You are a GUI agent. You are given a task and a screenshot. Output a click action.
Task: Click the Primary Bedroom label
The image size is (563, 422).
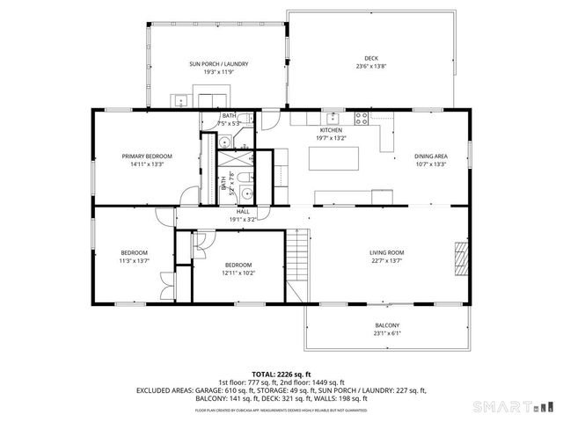pos(147,156)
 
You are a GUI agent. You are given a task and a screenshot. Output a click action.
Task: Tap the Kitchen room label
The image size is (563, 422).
pos(331,130)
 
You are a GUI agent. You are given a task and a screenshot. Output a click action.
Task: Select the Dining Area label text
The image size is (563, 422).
pos(430,156)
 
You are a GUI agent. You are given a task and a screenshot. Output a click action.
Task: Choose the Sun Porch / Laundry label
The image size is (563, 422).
pos(219,64)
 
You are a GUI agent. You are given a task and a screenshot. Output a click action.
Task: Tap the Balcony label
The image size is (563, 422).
pos(387,325)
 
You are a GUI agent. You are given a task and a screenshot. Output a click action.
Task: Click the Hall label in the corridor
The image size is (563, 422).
pos(243,211)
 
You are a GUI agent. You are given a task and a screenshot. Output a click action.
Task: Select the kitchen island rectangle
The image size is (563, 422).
pos(335,159)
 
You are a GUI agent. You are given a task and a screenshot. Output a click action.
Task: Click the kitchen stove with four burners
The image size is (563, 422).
pos(361,118)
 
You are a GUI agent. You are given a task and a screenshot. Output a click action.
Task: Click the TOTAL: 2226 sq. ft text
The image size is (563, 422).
pos(281,373)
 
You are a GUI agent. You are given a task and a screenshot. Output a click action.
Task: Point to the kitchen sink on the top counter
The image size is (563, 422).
pos(333,117)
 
